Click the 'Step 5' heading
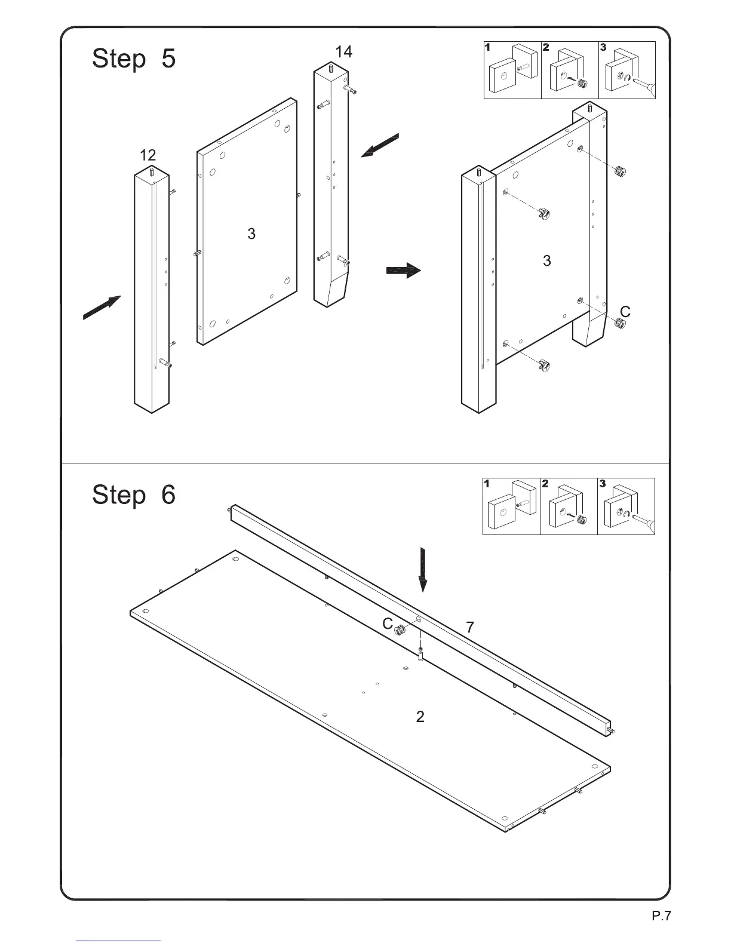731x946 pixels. click(134, 59)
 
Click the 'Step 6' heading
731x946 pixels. click(134, 494)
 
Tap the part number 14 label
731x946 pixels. click(343, 52)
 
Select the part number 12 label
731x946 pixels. click(148, 155)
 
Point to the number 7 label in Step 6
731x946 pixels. click(470, 628)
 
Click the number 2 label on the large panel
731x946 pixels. click(420, 717)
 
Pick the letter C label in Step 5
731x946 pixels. click(625, 312)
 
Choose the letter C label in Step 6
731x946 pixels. click(388, 624)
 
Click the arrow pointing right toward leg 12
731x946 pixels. click(102, 308)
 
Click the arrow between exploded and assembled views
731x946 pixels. click(404, 271)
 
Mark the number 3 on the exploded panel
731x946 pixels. click(251, 234)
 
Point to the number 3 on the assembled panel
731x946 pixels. click(546, 260)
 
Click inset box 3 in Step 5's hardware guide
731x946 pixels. click(627, 70)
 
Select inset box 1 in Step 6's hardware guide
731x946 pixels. click(511, 506)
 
